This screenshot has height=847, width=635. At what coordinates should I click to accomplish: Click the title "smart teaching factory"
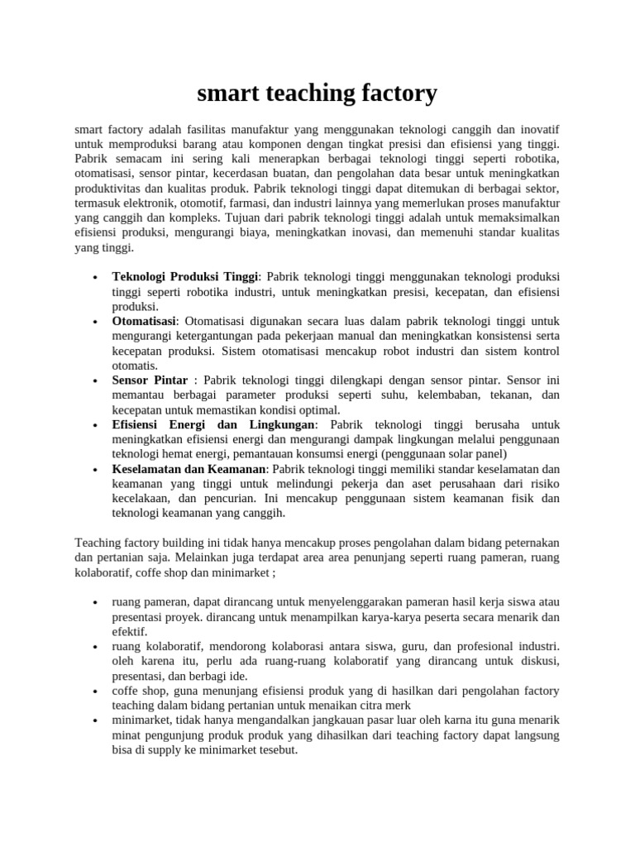[x=317, y=93]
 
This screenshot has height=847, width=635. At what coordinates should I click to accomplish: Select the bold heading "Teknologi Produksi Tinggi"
[x=185, y=276]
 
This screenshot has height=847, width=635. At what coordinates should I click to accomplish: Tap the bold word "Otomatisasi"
[x=144, y=321]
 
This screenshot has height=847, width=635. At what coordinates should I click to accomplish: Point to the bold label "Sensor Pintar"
[x=150, y=380]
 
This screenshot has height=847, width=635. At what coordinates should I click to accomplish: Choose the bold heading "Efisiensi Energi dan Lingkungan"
[x=213, y=424]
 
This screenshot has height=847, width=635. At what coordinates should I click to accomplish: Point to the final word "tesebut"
[x=274, y=750]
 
